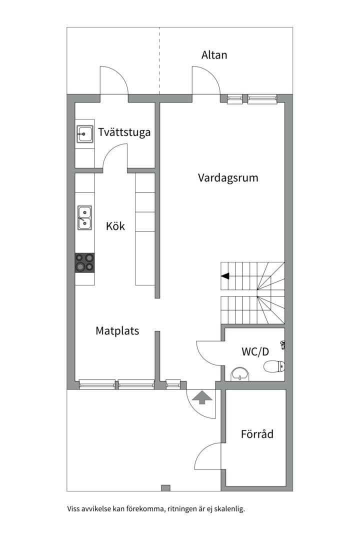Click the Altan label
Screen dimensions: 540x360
tap(214, 55)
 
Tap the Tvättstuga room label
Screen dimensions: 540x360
tap(124, 132)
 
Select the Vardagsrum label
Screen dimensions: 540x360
tap(228, 177)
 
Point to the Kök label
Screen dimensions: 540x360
tap(115, 226)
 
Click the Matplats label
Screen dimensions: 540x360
tap(117, 330)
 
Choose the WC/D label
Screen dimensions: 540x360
tap(255, 351)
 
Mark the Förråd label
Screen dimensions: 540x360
tap(257, 434)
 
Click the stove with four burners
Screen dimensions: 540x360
tap(84, 262)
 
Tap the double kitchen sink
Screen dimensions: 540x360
tap(84, 217)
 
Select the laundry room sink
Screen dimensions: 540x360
tap(84, 134)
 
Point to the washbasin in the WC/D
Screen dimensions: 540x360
tap(241, 373)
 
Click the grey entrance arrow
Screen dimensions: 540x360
tap(201, 397)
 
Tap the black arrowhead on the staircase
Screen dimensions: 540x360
tap(225, 275)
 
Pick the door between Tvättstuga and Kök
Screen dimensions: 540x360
tap(114, 156)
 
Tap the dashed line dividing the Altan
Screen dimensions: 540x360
tap(160, 60)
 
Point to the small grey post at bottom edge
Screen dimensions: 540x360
tap(165, 488)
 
